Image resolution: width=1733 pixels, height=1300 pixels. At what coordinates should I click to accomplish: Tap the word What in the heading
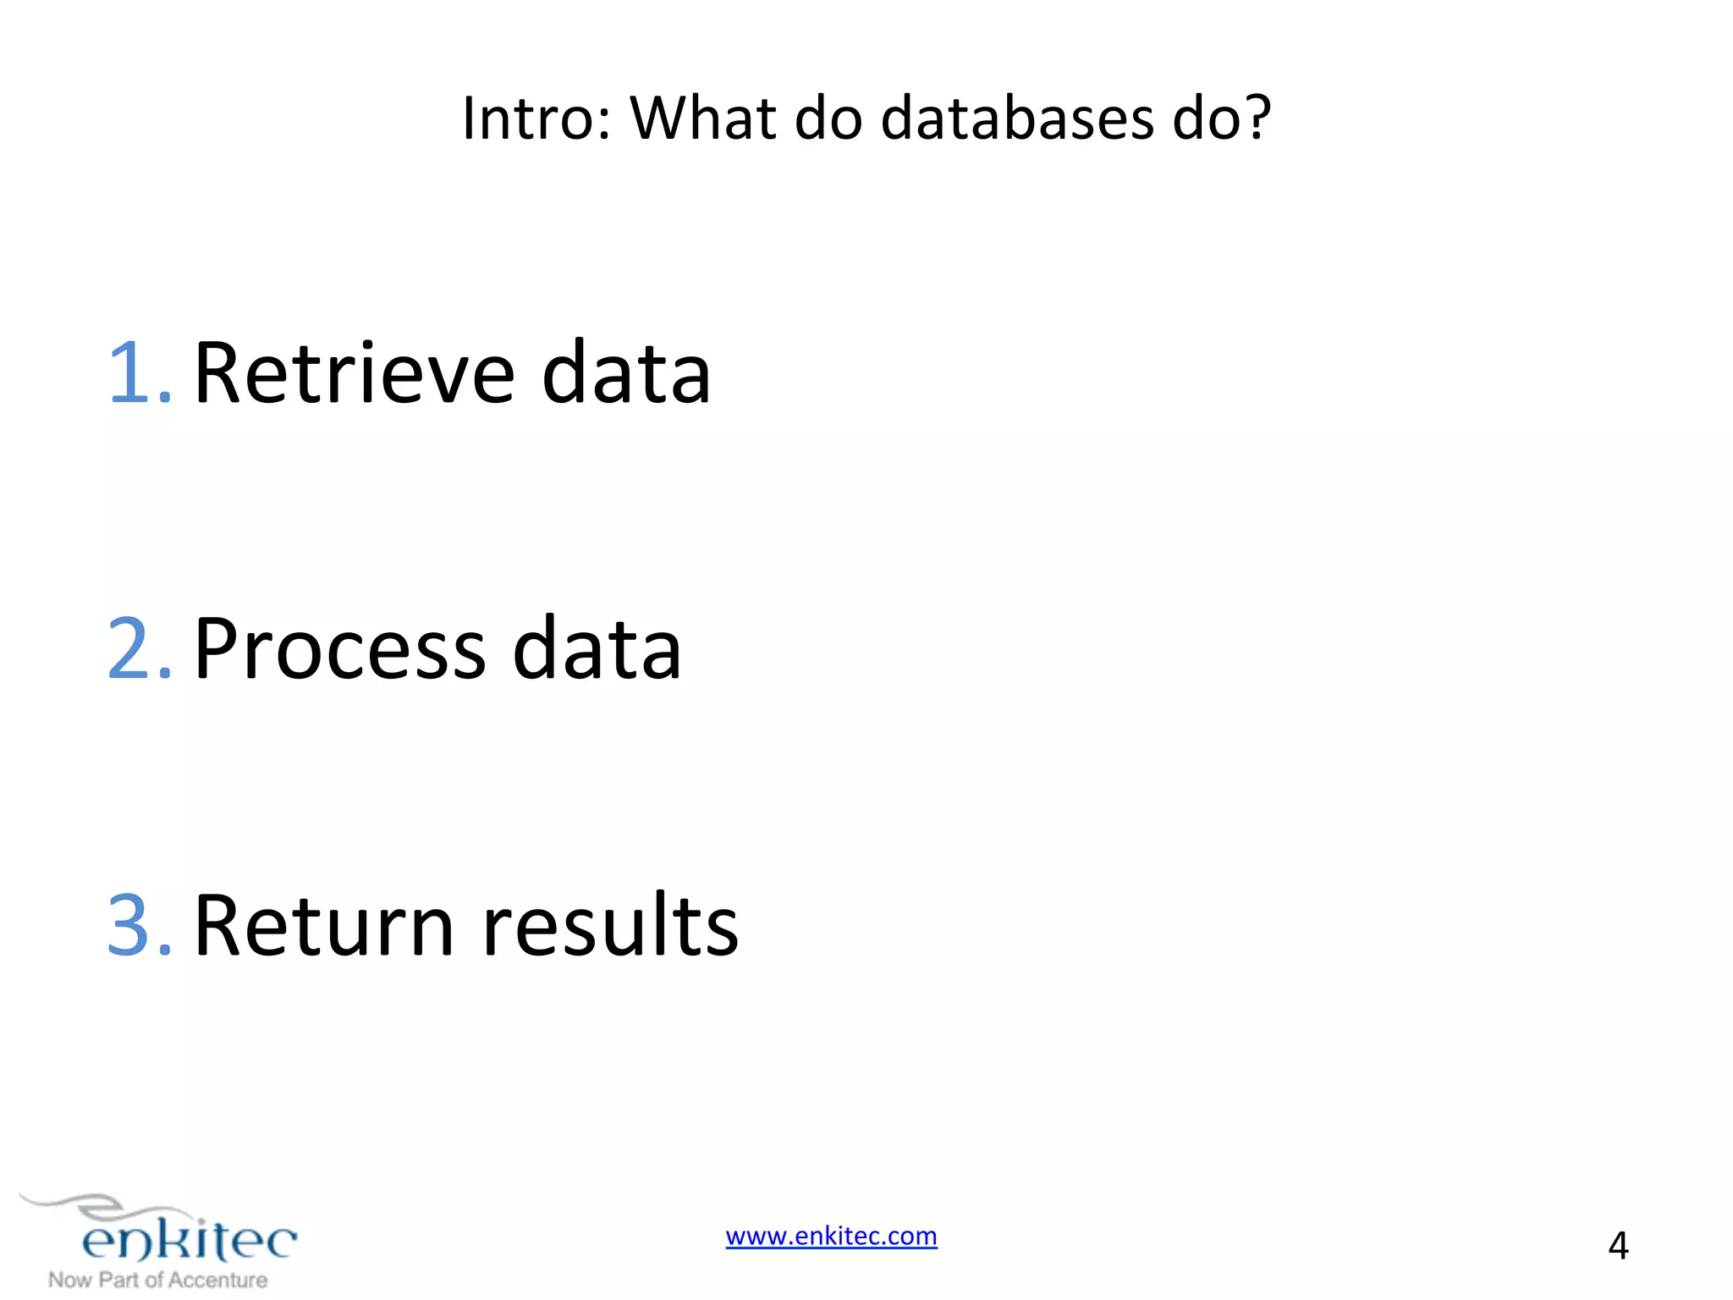703,118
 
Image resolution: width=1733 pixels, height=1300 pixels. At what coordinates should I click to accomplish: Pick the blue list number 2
140,648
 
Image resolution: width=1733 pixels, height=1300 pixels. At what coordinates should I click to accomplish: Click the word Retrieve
355,372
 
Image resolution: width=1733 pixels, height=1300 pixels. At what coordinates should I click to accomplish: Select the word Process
340,650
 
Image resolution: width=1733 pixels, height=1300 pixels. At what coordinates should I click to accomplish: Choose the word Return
325,926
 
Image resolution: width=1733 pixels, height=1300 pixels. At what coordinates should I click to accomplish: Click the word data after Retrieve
626,372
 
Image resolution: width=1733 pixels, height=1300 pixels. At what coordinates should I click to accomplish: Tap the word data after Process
597,650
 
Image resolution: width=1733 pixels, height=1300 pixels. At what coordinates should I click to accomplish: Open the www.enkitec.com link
831,1237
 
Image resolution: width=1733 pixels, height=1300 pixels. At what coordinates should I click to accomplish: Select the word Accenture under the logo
218,1281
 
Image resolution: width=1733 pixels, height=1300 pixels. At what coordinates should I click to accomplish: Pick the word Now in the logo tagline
70,1281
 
